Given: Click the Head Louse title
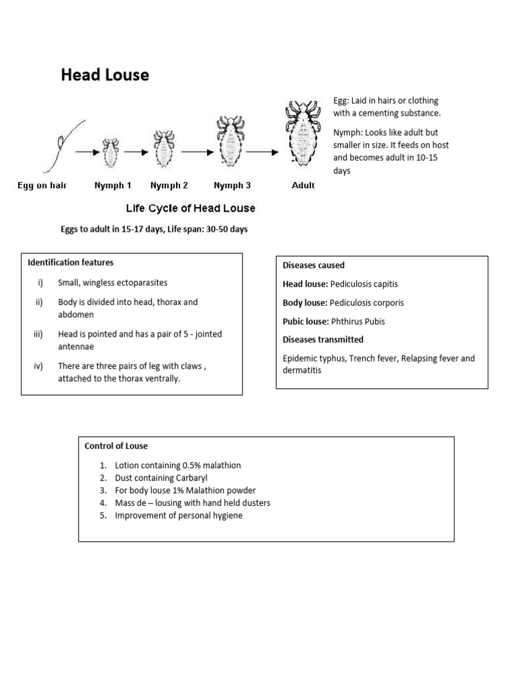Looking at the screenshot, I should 105,75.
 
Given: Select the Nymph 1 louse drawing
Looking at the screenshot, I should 111,152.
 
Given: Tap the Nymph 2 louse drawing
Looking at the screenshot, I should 163,148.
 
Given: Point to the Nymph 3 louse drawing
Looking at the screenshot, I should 228,143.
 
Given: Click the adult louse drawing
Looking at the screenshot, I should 303,134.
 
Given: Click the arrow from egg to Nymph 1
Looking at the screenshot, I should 87,153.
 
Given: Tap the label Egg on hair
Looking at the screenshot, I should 42,185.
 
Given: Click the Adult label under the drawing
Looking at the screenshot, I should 303,185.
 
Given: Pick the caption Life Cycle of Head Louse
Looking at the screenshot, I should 191,208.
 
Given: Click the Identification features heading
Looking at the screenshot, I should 71,263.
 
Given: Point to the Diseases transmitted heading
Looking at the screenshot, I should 323,340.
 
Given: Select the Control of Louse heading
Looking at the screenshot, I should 116,446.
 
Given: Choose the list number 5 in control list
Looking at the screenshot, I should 103,515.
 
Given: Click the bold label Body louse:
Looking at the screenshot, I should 305,303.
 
